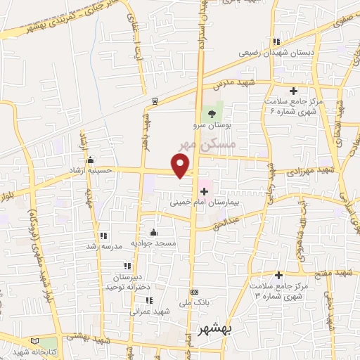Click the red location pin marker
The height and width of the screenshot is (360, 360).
tap(181, 165)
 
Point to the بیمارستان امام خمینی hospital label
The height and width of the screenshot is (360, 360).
tap(204, 201)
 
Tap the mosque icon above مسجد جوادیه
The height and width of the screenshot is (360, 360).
tap(154, 233)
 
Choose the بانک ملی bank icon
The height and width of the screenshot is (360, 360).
tap(194, 292)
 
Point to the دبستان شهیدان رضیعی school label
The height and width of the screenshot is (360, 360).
tap(276, 52)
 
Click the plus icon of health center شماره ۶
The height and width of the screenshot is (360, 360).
tap(293, 90)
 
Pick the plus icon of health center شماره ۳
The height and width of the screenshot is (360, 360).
tap(279, 275)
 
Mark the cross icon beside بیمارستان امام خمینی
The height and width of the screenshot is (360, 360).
tap(204, 191)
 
